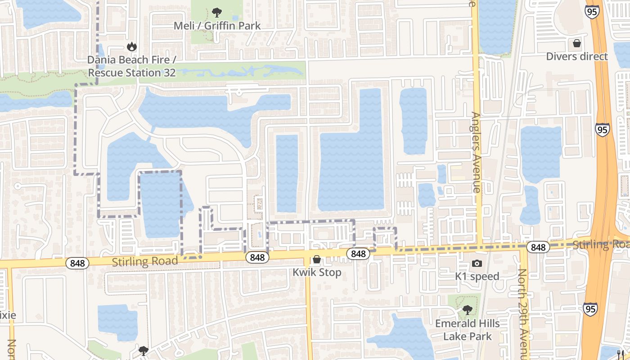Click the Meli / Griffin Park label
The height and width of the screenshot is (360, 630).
coord(217,26)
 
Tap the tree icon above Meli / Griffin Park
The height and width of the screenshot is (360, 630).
coord(217,12)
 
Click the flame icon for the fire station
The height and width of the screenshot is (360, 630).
coord(131,46)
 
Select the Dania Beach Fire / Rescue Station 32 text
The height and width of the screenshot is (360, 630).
coord(131,66)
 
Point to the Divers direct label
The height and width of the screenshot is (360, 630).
coord(577,56)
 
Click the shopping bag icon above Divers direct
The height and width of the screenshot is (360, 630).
coord(577,44)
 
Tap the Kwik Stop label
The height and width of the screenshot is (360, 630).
coord(317,272)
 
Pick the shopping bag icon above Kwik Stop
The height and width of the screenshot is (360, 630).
coord(317,260)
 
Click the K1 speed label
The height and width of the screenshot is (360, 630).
coord(477,276)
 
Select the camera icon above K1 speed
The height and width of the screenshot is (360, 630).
coord(477,263)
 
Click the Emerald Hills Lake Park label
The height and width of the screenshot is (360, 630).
coord(467,329)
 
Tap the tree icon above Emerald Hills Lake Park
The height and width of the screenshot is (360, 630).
coord(467,310)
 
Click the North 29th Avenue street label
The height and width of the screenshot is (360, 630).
coord(522,315)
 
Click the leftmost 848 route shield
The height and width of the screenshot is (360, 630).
coord(77,263)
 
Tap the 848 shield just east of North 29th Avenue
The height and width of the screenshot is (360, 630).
coord(538,247)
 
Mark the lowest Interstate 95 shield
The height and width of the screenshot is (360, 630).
coord(590,309)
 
